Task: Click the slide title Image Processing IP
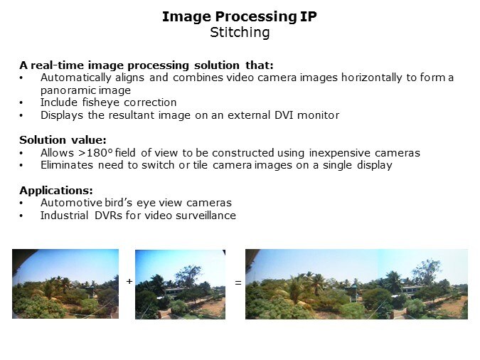(x=239, y=16)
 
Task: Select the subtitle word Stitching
(x=239, y=32)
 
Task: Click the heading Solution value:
(x=63, y=140)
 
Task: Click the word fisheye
(x=101, y=102)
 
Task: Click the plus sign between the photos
(x=129, y=282)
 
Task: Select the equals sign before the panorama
(x=238, y=283)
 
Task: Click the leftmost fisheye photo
(x=65, y=283)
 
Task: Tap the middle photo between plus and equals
(x=180, y=283)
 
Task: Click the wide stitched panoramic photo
(x=356, y=283)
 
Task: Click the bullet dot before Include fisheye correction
(x=22, y=102)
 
